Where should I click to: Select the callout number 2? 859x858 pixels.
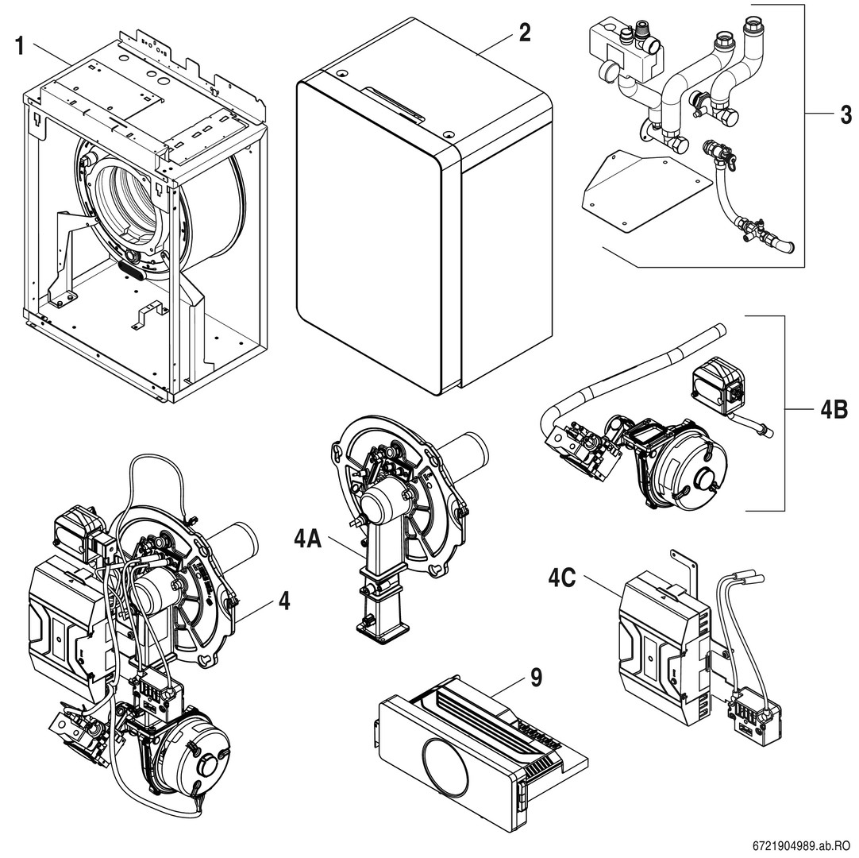pos(524,33)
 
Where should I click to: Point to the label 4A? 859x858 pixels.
pos(308,539)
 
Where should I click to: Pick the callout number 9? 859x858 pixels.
pos(536,677)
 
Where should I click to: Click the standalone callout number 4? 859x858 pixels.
pos(283,601)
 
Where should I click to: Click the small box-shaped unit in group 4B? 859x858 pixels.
pos(717,384)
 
